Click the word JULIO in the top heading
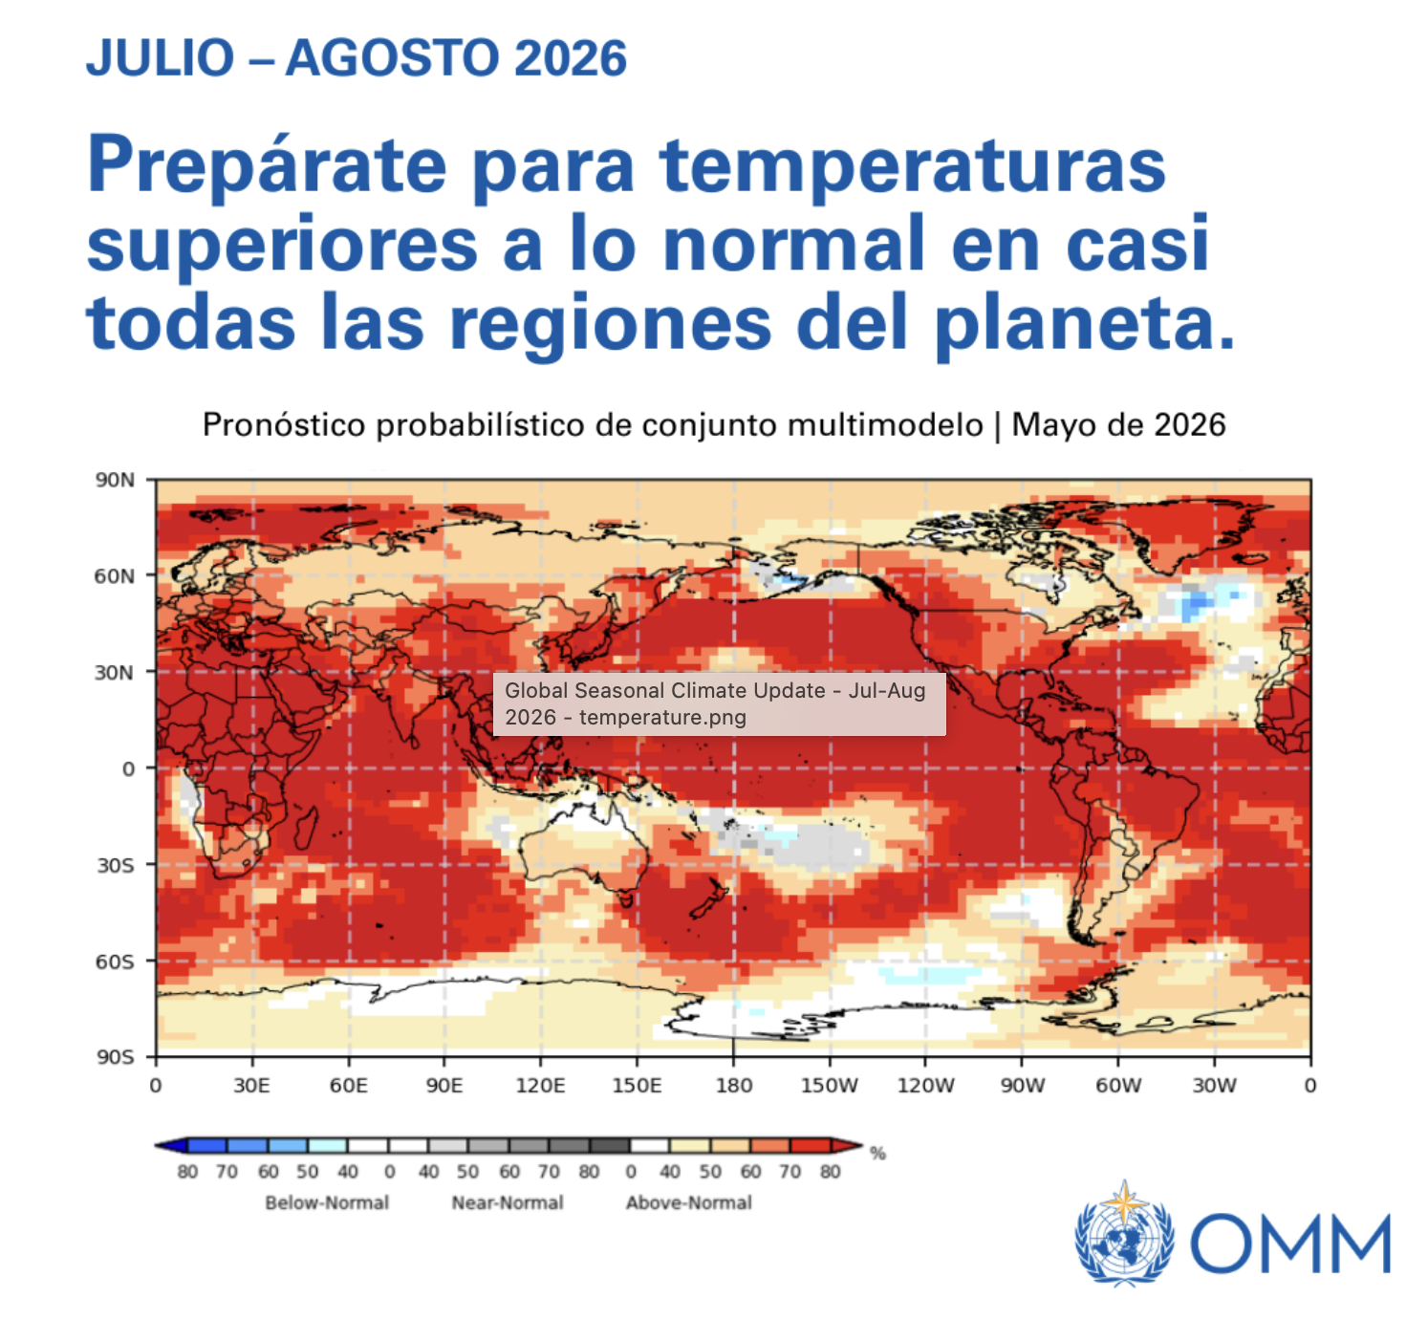coord(161,57)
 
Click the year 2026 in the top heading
coord(571,57)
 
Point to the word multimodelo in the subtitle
coord(885,424)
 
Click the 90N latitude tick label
coord(115,480)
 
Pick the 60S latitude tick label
coord(115,962)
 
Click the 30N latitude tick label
coord(115,673)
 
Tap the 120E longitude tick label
coord(540,1085)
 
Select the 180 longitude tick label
coord(733,1085)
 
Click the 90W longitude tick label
coord(1022,1085)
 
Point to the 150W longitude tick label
coord(829,1085)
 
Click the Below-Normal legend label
coord(327,1202)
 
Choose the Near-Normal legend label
coord(508,1202)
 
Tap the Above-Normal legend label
coord(689,1202)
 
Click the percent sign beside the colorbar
coord(877,1154)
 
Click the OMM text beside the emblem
coord(1290,1243)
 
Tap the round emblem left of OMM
coord(1125,1233)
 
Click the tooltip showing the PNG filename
coord(719,704)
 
